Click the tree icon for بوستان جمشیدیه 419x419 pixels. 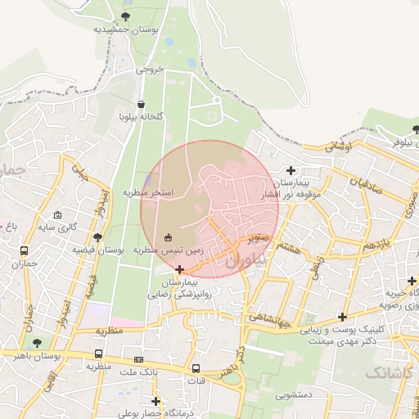click(x=124, y=16)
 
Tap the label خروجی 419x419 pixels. click(x=149, y=70)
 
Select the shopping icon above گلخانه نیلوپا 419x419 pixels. click(x=142, y=105)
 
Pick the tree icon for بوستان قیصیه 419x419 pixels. click(x=97, y=237)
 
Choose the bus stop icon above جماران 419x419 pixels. click(x=24, y=251)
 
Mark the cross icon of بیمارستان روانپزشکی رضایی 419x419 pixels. click(x=179, y=268)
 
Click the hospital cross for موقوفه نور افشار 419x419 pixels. click(x=290, y=170)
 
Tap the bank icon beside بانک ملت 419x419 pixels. click(x=139, y=358)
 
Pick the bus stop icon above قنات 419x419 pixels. click(x=196, y=368)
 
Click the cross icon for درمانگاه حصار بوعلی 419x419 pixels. click(x=156, y=401)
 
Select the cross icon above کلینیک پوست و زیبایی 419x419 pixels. click(x=342, y=317)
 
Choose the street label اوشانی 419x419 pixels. click(x=337, y=146)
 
